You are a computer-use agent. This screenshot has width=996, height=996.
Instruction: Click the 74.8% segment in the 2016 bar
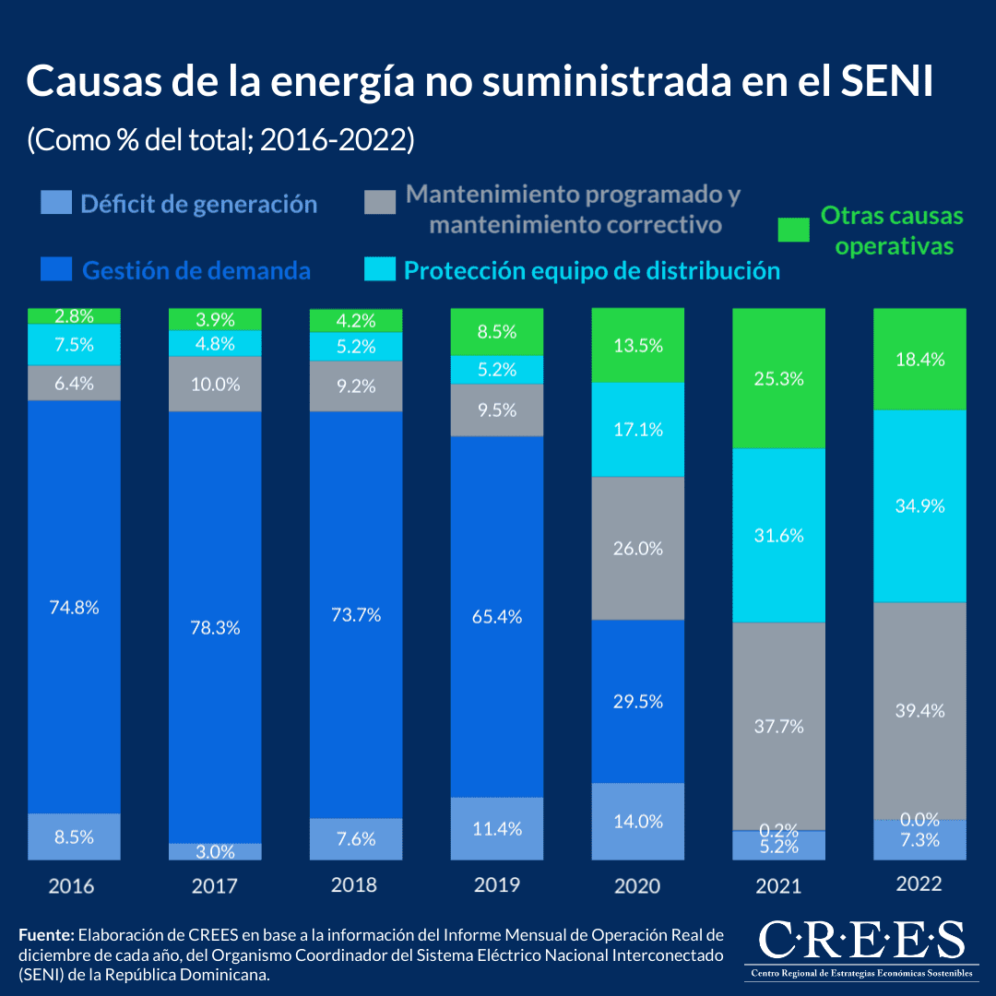click(x=75, y=607)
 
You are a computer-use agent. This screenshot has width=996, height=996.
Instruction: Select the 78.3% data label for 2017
click(x=215, y=627)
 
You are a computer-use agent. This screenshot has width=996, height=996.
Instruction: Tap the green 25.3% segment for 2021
click(x=778, y=378)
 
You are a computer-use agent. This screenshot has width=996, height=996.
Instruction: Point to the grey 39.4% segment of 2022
click(x=919, y=710)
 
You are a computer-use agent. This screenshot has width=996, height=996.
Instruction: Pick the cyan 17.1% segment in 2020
click(x=637, y=429)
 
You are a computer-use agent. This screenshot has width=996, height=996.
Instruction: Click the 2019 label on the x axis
click(x=497, y=885)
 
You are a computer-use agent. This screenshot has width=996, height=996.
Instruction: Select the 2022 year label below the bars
click(x=919, y=883)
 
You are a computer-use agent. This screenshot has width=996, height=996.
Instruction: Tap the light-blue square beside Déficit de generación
click(x=56, y=203)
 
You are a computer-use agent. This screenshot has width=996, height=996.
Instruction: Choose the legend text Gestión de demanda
click(x=196, y=271)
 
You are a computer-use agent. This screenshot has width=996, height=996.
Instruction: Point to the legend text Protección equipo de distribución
click(x=592, y=271)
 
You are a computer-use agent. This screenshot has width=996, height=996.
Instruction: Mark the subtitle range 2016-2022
click(x=336, y=140)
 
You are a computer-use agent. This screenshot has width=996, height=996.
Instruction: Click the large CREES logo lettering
click(x=861, y=941)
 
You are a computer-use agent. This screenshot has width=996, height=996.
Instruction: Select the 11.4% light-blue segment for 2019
click(x=497, y=828)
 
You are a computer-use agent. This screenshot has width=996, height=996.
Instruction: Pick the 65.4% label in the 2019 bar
click(x=497, y=616)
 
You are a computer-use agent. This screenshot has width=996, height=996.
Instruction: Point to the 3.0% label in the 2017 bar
click(x=215, y=851)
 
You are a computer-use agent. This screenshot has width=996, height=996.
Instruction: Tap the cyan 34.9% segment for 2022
click(x=919, y=505)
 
